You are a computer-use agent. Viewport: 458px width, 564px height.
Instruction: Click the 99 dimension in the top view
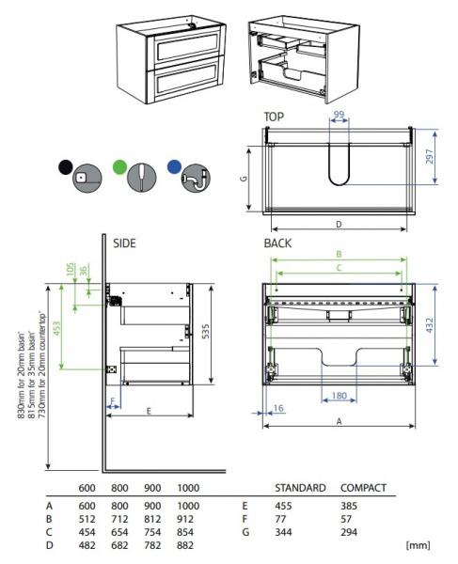click(x=340, y=114)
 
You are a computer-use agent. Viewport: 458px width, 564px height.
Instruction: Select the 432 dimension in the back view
click(x=432, y=323)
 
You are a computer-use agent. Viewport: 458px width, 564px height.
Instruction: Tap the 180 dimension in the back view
click(x=340, y=396)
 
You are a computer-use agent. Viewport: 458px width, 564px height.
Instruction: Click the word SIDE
click(x=124, y=243)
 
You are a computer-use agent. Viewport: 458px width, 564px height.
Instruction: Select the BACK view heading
click(x=277, y=243)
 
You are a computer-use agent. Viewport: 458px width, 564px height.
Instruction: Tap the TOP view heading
click(x=274, y=117)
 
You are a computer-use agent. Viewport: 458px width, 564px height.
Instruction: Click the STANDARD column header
click(x=300, y=488)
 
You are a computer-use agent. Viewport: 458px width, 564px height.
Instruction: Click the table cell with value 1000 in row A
click(x=188, y=505)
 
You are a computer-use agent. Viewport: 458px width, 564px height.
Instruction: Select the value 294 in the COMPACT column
click(x=351, y=531)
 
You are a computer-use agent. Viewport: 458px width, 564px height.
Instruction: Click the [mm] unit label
click(x=418, y=544)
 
